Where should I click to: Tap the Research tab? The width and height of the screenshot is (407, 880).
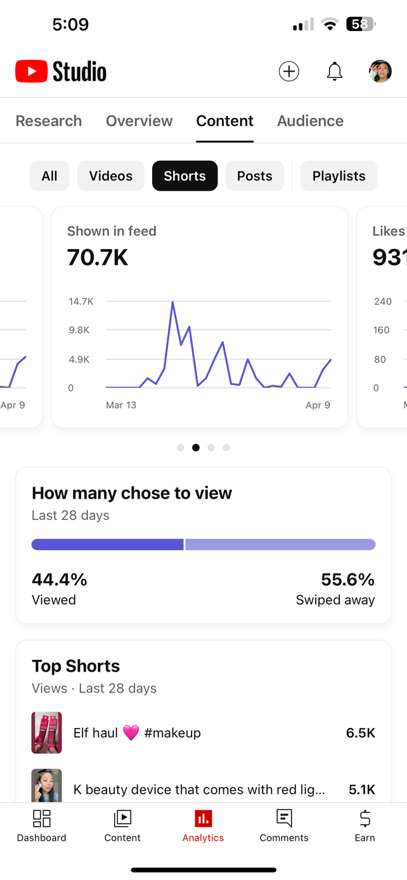pyautogui.click(x=49, y=121)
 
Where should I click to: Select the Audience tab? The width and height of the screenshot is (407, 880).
pyautogui.click(x=310, y=121)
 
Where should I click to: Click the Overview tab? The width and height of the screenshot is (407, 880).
pyautogui.click(x=139, y=121)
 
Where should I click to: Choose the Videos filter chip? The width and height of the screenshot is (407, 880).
pyautogui.click(x=111, y=176)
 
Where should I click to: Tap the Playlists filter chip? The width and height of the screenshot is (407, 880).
pyautogui.click(x=339, y=176)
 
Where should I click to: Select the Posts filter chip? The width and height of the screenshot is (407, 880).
pyautogui.click(x=254, y=176)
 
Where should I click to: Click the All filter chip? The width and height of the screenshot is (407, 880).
pyautogui.click(x=49, y=176)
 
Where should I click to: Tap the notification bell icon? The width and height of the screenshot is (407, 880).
pyautogui.click(x=335, y=72)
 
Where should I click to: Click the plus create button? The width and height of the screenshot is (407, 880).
pyautogui.click(x=289, y=72)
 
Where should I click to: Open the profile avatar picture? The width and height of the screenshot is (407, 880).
pyautogui.click(x=380, y=72)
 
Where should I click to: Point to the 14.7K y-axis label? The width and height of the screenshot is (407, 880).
pyautogui.click(x=81, y=302)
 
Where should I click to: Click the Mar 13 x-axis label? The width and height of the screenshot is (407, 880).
pyautogui.click(x=121, y=405)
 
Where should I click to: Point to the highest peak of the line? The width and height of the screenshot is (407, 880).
pyautogui.click(x=172, y=303)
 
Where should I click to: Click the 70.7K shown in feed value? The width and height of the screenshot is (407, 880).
pyautogui.click(x=98, y=257)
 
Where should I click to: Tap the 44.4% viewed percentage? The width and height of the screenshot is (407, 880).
pyautogui.click(x=60, y=580)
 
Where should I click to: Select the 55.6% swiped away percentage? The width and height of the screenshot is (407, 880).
pyautogui.click(x=347, y=580)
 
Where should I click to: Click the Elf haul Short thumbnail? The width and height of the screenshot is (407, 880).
pyautogui.click(x=47, y=733)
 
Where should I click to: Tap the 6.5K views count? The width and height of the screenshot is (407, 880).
pyautogui.click(x=361, y=733)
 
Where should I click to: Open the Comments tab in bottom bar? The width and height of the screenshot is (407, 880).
pyautogui.click(x=284, y=826)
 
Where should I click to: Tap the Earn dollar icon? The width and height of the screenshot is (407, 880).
pyautogui.click(x=365, y=819)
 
